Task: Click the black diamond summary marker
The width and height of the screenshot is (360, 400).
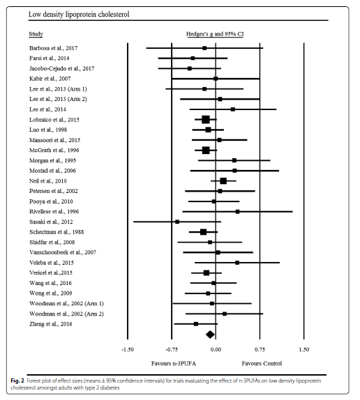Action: click(x=210, y=334)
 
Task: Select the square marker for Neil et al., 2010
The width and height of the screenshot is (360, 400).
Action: click(x=223, y=181)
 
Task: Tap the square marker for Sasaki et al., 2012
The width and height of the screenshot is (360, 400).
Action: click(x=177, y=222)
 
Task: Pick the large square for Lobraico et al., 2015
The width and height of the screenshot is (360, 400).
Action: click(x=206, y=119)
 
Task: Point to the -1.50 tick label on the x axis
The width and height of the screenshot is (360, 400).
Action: click(x=128, y=349)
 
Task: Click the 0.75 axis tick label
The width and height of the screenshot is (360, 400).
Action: click(x=260, y=349)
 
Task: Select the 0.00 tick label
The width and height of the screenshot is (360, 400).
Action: click(x=216, y=349)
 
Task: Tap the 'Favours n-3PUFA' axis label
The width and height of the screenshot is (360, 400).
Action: click(x=174, y=364)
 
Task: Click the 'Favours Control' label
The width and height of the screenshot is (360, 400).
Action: click(x=262, y=364)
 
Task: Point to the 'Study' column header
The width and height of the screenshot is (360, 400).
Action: click(x=36, y=34)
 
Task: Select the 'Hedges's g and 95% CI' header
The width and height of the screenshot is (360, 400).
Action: click(x=215, y=34)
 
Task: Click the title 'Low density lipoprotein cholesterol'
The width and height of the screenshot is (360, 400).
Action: click(x=79, y=14)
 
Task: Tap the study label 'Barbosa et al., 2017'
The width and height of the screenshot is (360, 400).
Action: click(x=53, y=48)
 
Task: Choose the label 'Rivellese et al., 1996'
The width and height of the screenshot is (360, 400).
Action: click(x=54, y=211)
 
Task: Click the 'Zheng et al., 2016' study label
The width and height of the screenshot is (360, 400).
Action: click(x=50, y=324)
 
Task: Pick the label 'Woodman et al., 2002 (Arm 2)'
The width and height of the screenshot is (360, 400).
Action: click(x=66, y=314)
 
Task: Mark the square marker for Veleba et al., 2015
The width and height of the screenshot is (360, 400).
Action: click(x=237, y=263)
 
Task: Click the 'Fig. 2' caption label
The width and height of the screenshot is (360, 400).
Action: click(x=17, y=381)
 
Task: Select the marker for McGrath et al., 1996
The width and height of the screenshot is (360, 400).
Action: click(x=206, y=151)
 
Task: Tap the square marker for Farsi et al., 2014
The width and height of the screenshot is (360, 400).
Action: click(x=193, y=58)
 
